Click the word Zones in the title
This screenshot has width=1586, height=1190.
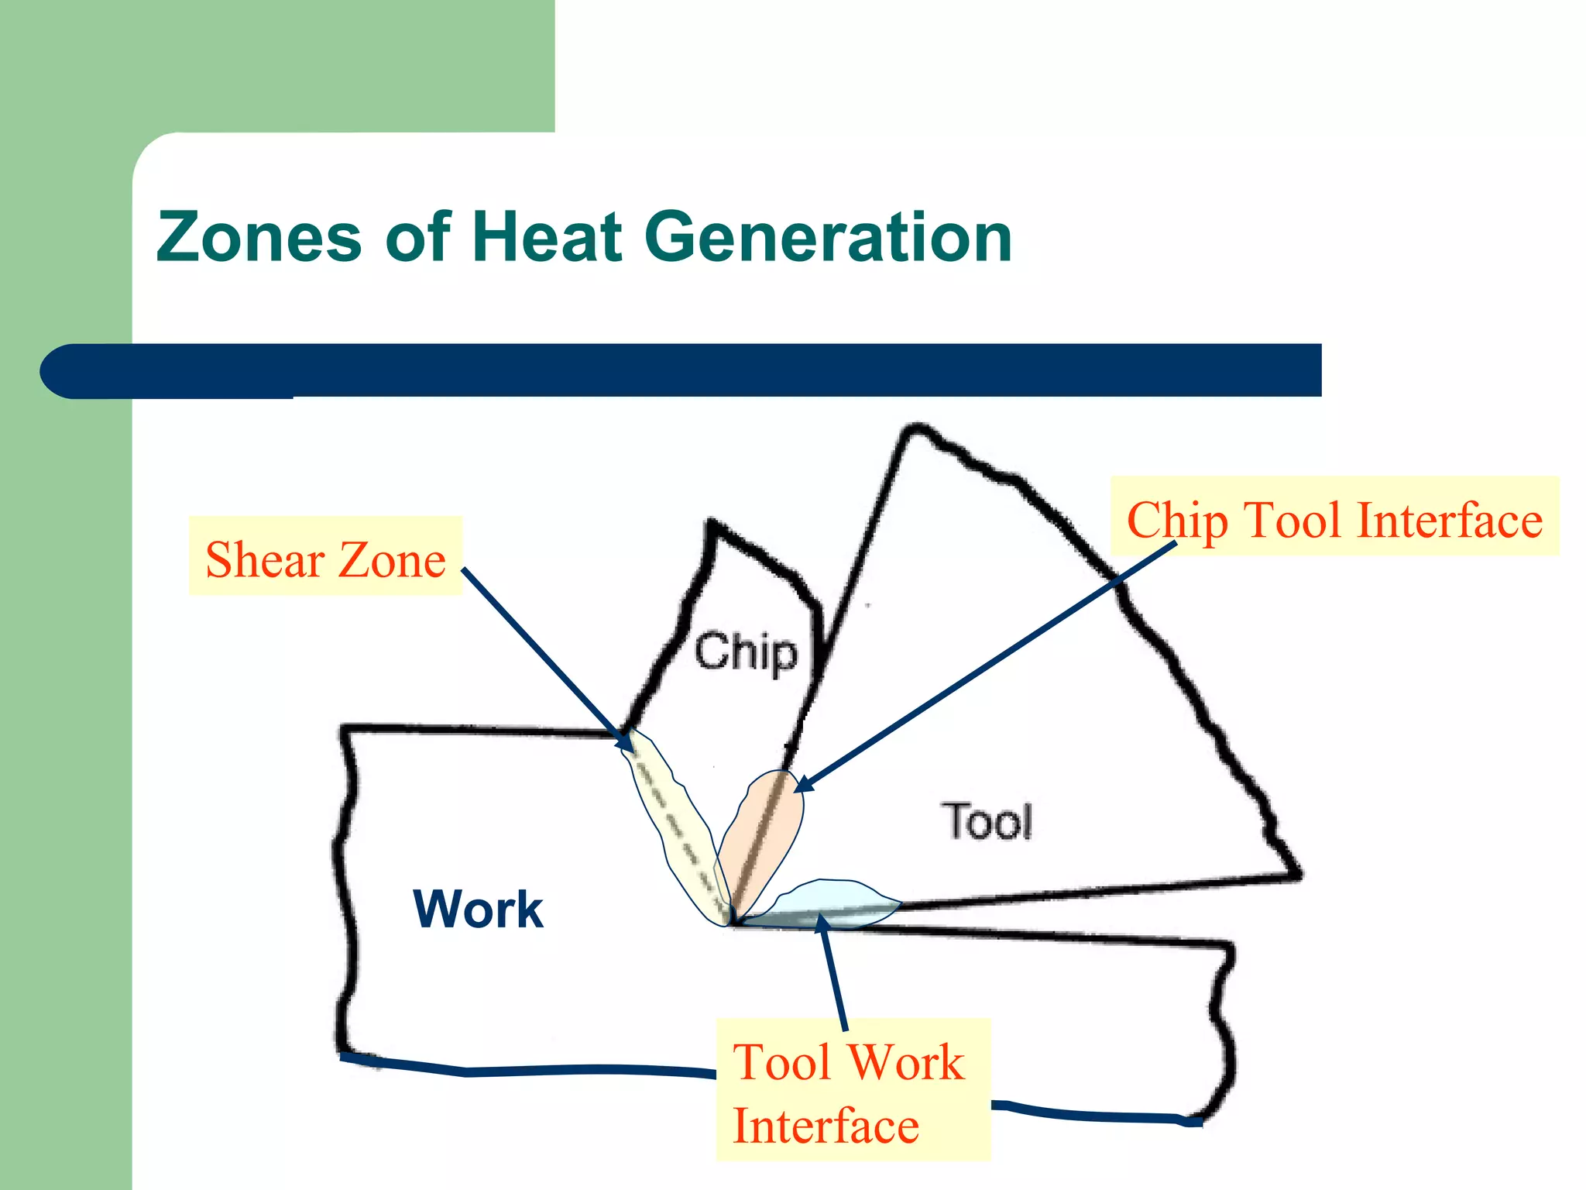pos(259,237)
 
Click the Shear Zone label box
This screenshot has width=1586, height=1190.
pos(325,556)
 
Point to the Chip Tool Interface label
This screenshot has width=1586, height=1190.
pos(1334,517)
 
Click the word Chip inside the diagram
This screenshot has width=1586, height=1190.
pos(745,652)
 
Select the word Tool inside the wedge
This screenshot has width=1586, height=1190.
pos(987,821)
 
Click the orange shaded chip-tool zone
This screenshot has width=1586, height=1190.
pos(763,837)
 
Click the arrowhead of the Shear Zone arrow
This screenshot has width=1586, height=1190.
pos(626,742)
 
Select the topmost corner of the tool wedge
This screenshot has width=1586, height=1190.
pos(917,428)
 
